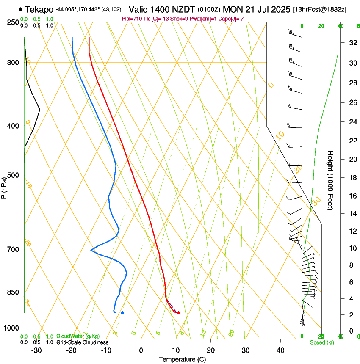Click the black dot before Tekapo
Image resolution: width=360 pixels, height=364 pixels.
click(x=20, y=9)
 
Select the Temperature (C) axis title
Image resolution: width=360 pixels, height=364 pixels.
click(x=182, y=359)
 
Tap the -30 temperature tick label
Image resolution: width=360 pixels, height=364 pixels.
click(x=36, y=350)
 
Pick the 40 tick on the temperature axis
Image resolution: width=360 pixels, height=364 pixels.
click(x=280, y=350)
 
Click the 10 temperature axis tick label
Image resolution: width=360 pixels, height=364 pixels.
click(x=176, y=350)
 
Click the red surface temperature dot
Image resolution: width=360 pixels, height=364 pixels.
click(x=178, y=313)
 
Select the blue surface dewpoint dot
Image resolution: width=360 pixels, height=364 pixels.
click(x=122, y=313)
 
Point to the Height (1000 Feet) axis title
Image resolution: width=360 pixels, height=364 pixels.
click(x=330, y=180)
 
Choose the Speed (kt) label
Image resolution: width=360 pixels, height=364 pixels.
click(x=321, y=342)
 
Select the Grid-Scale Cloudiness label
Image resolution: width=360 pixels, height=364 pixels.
click(x=82, y=342)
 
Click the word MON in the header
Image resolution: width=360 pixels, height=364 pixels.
click(x=233, y=9)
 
